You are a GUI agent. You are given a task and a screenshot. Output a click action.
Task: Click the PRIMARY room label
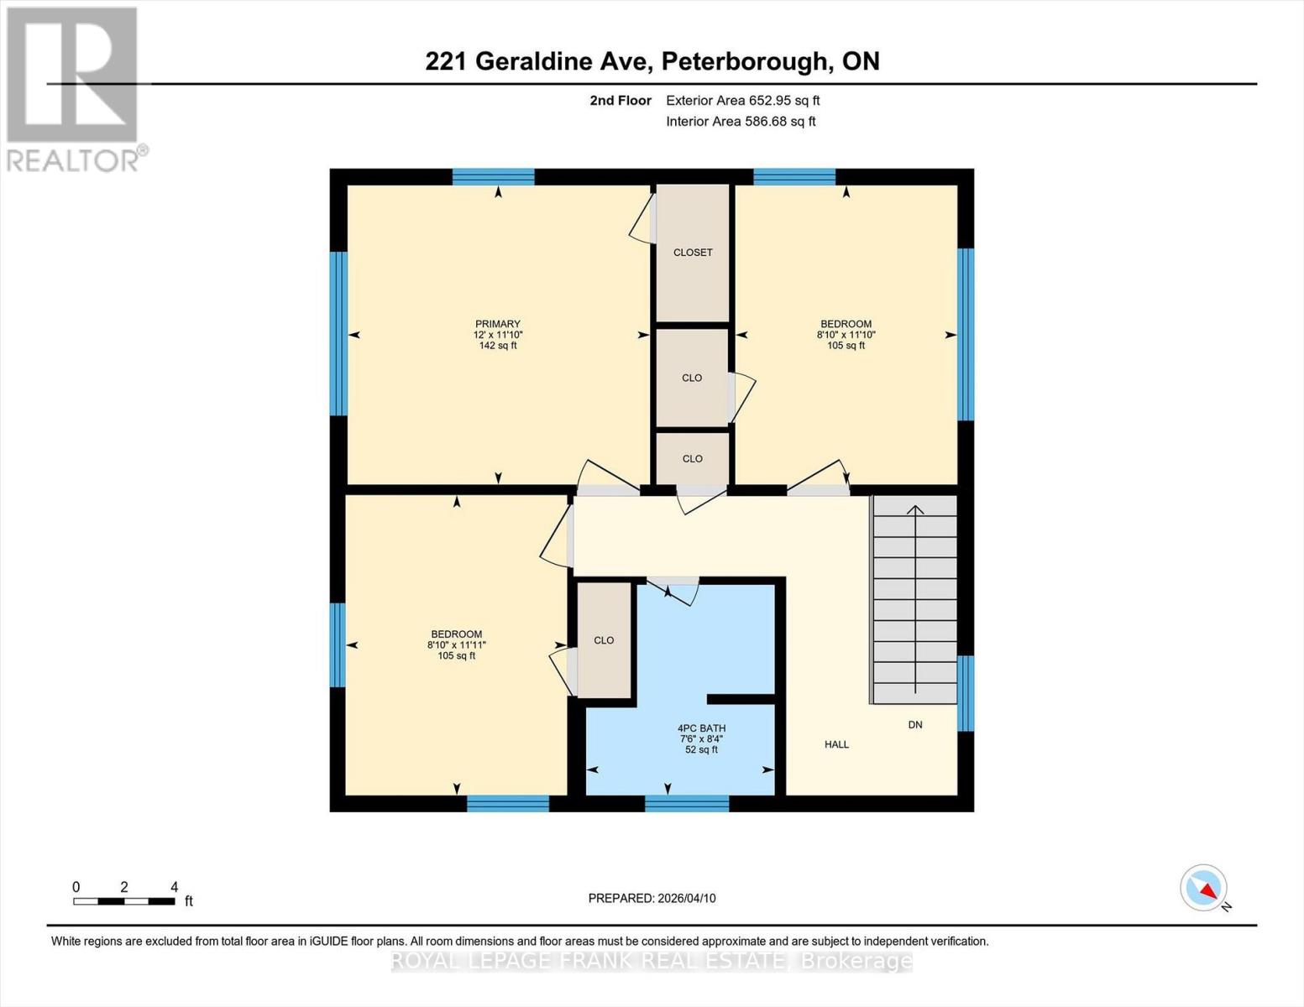click(x=498, y=324)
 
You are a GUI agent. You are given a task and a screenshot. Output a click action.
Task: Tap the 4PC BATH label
click(x=701, y=728)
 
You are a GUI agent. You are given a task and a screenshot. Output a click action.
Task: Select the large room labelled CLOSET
click(x=693, y=253)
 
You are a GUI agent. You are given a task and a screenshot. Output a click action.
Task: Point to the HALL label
click(x=836, y=744)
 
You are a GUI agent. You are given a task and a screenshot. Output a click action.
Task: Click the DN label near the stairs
click(x=915, y=724)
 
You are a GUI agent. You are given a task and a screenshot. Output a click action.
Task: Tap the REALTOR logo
click(x=73, y=88)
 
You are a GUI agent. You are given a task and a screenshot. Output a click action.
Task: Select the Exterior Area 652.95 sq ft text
click(x=742, y=101)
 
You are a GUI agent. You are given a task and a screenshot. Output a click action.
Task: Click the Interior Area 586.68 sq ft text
click(x=741, y=122)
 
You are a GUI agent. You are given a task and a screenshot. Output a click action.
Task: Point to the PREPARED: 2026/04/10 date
click(x=652, y=898)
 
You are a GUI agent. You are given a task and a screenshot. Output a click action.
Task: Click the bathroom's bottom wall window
click(x=687, y=803)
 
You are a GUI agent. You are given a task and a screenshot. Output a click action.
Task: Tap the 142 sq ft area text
click(x=498, y=345)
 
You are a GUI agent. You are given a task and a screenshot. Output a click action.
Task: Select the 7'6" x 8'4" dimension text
click(x=701, y=739)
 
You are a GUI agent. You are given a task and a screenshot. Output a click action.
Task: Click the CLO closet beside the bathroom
click(x=604, y=640)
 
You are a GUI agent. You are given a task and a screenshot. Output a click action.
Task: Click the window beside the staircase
click(x=966, y=693)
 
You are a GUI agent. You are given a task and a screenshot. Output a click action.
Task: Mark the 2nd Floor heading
click(x=621, y=101)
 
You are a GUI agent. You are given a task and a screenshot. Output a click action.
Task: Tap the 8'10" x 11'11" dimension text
click(x=457, y=645)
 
